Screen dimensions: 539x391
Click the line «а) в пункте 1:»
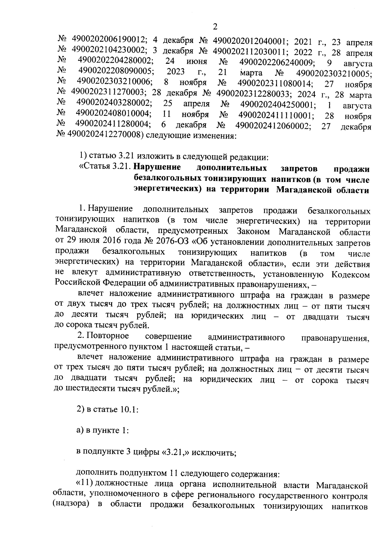[x=102, y=431]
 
